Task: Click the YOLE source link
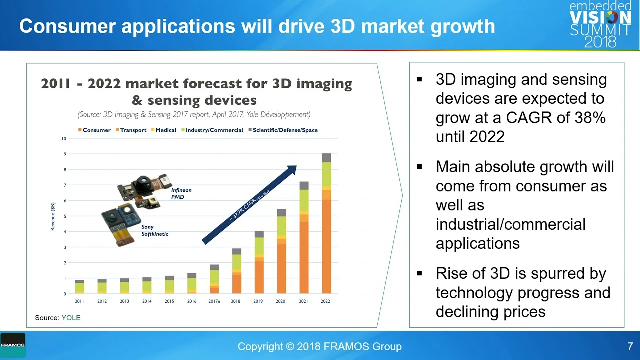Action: (x=71, y=318)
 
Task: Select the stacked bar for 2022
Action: (x=326, y=225)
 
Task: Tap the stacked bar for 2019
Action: (x=259, y=262)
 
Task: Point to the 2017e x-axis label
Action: (x=214, y=301)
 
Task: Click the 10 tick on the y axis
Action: (x=64, y=138)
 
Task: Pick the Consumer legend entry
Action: (x=94, y=130)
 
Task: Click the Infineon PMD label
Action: (x=181, y=193)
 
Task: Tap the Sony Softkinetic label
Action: (x=154, y=230)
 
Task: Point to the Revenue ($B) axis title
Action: (x=53, y=216)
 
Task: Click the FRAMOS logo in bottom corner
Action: (x=12, y=345)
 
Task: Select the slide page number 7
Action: (x=630, y=346)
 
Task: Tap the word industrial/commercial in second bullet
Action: (x=510, y=224)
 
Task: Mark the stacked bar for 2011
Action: (x=79, y=287)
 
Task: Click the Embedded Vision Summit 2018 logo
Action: (x=600, y=24)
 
